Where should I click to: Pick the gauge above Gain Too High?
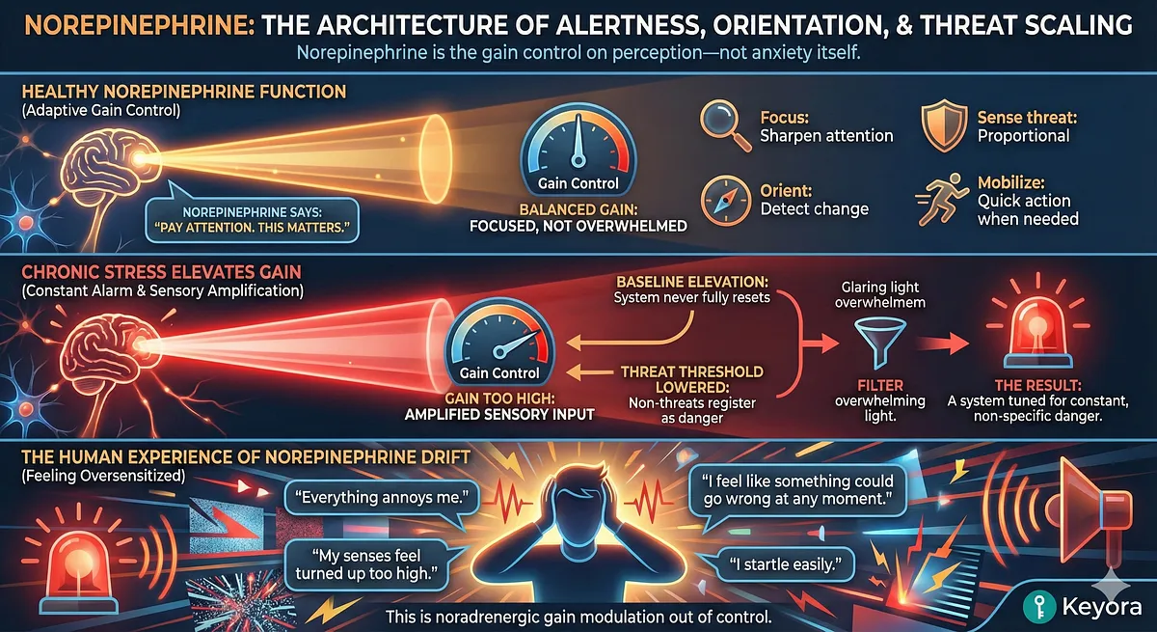pyautogui.click(x=494, y=343)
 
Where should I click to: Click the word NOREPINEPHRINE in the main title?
pyautogui.click(x=126, y=25)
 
